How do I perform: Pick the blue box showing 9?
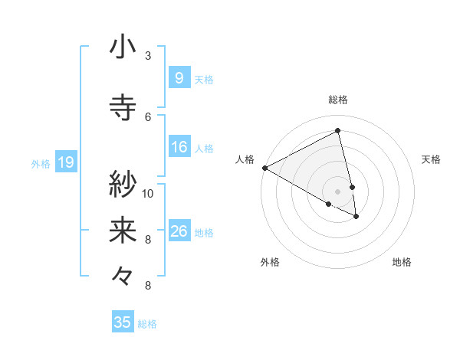point(179,77)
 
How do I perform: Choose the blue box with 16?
point(179,148)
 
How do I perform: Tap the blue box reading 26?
point(179,231)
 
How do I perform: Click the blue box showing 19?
point(65,162)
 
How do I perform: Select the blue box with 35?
point(123,322)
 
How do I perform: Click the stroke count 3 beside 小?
point(148,55)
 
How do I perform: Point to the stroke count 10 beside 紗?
point(148,193)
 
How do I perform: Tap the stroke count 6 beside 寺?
point(148,116)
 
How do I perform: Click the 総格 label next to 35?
point(147,324)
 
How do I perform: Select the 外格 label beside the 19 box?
point(40,163)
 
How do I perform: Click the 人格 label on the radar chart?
point(245,159)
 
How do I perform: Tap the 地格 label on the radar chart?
point(402,262)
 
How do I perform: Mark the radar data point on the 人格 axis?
point(264,168)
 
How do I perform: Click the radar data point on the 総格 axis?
point(337,131)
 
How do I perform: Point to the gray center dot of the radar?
point(337,191)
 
